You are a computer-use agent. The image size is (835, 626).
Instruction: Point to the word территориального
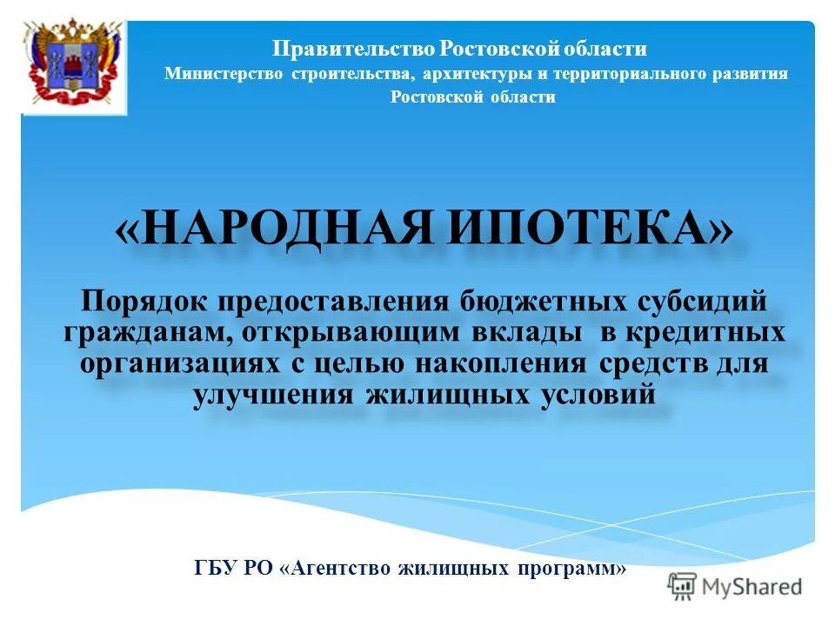point(629,74)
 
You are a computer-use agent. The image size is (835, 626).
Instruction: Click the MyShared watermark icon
point(682,586)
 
